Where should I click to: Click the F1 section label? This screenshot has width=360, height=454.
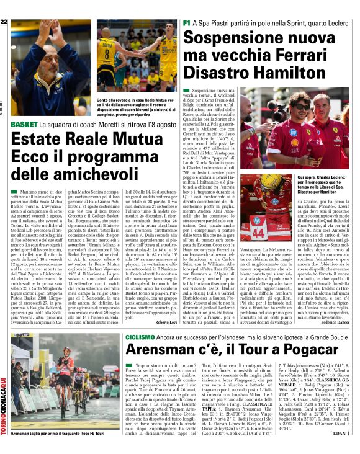click(187, 22)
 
